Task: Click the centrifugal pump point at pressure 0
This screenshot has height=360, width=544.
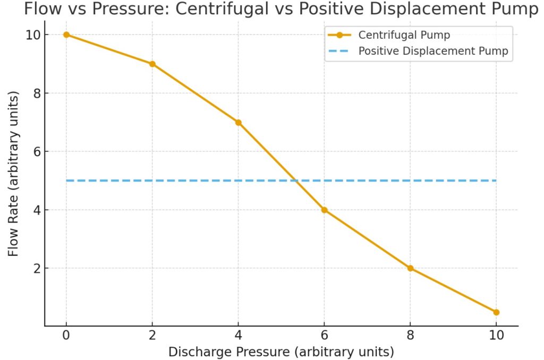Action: pos(66,35)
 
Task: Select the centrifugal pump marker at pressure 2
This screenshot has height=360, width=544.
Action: pos(152,64)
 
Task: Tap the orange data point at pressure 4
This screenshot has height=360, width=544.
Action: pos(239,122)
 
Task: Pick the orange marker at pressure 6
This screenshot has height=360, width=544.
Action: pos(324,210)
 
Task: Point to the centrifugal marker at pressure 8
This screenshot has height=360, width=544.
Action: pos(410,268)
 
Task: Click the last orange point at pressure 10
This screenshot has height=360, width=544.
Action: pos(496,312)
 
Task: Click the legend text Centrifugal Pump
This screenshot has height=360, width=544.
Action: pos(404,36)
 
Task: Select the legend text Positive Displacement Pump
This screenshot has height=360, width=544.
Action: pos(433,52)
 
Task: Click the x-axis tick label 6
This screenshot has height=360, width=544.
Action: pos(324,336)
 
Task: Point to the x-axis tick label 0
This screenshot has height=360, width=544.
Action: pos(66,336)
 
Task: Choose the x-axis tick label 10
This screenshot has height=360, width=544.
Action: pos(496,336)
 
